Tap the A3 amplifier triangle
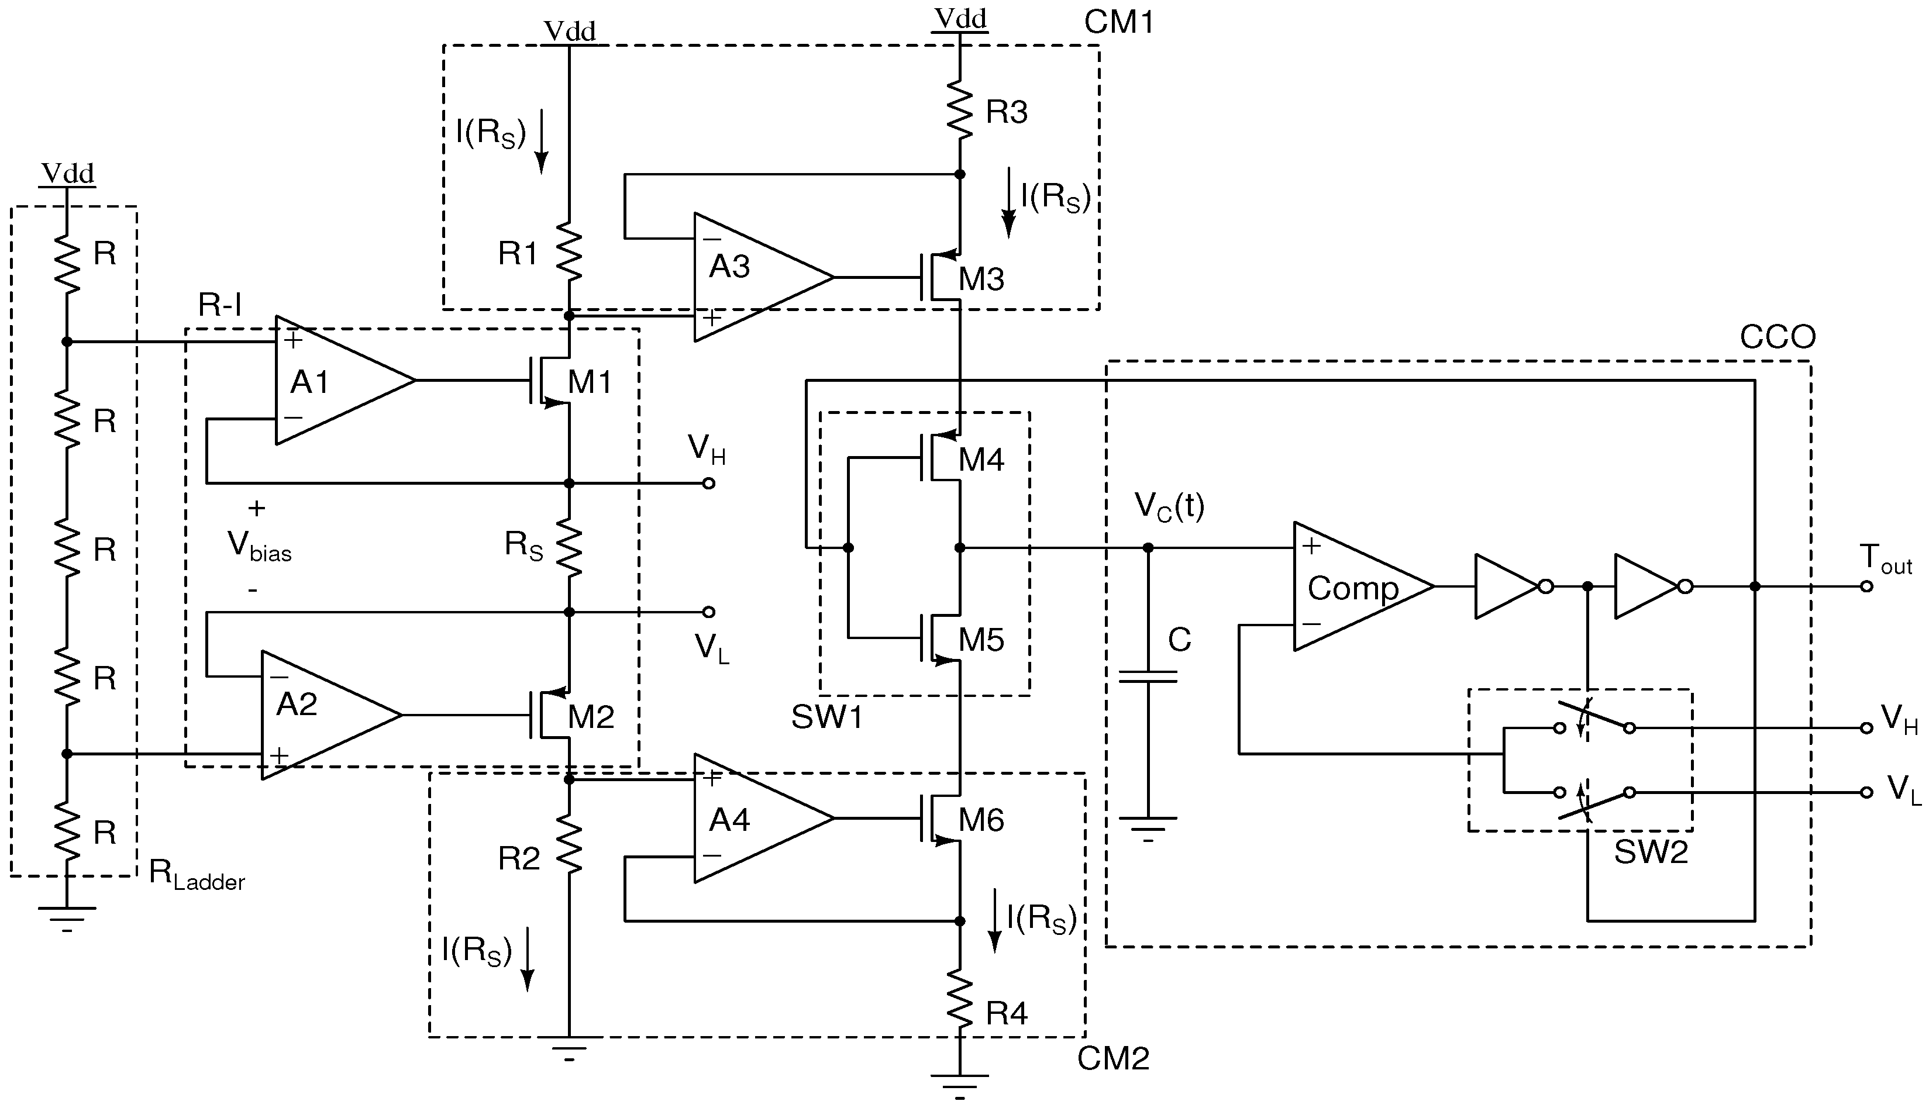pyautogui.click(x=753, y=277)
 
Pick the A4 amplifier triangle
pyautogui.click(x=753, y=818)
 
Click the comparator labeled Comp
pyautogui.click(x=1355, y=586)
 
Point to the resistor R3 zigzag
pyautogui.click(x=960, y=111)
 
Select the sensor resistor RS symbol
pyautogui.click(x=570, y=546)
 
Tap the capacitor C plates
pyautogui.click(x=1148, y=676)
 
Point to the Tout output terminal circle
pyautogui.click(x=1866, y=586)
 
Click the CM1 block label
pyautogui.click(x=1118, y=23)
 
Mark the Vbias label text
pyautogui.click(x=259, y=546)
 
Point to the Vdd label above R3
pyautogui.click(x=960, y=18)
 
